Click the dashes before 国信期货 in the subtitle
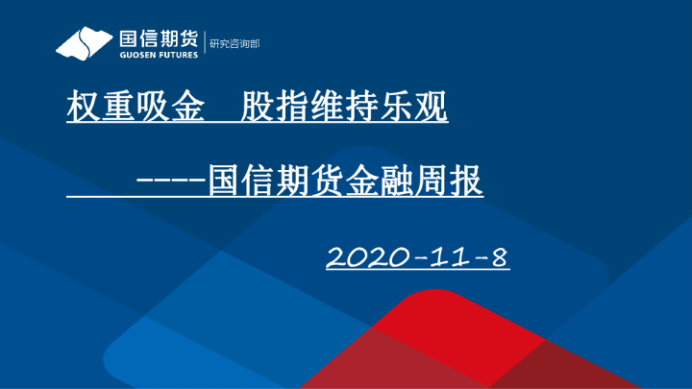(x=170, y=181)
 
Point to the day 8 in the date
(x=497, y=257)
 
